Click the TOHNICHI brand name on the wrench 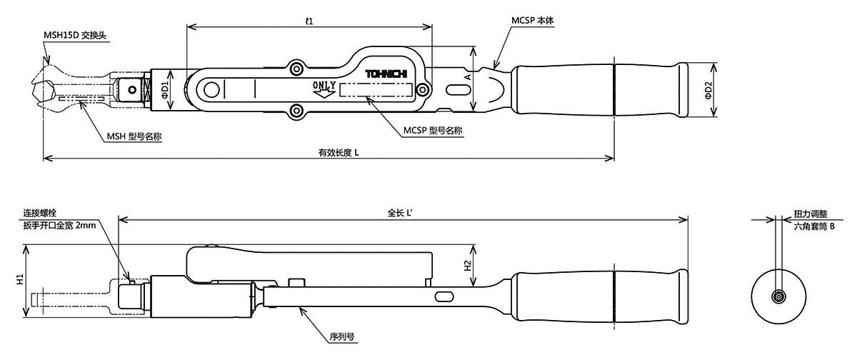point(386,74)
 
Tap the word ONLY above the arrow point(324,85)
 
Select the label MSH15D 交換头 point(75,35)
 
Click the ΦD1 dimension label point(165,90)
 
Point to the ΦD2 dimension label point(708,90)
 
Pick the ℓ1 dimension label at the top point(309,21)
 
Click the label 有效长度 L point(339,153)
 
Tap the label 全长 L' point(400,213)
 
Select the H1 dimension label point(20,279)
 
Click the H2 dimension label point(468,266)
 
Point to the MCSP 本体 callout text point(533,20)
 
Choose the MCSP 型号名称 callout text point(433,131)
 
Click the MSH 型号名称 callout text point(134,136)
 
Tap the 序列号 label point(342,336)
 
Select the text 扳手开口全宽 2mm point(59,225)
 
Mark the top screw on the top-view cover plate point(296,69)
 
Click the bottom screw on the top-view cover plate point(296,111)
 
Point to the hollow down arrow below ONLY point(324,94)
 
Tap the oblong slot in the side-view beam point(444,296)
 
